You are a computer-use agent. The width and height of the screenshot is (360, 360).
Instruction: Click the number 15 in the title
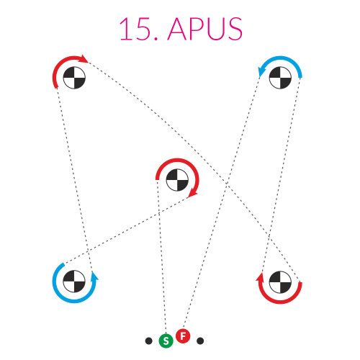pyautogui.click(x=135, y=29)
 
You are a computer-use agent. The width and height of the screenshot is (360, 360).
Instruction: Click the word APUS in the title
pyautogui.click(x=205, y=29)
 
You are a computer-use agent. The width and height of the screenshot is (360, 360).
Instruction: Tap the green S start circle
pyautogui.click(x=166, y=341)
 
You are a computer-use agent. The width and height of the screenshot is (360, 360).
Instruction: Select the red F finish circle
pyautogui.click(x=183, y=336)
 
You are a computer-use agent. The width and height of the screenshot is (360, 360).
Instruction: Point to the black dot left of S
pyautogui.click(x=149, y=341)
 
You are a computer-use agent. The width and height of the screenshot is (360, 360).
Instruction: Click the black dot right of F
pyautogui.click(x=200, y=341)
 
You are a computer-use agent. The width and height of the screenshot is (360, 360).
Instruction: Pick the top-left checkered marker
pyautogui.click(x=74, y=78)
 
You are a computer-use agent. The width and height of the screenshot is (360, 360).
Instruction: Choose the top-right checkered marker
pyautogui.click(x=280, y=78)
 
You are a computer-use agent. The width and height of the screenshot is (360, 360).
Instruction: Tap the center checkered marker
pyautogui.click(x=177, y=180)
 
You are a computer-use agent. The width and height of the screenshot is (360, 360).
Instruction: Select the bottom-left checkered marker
pyautogui.click(x=74, y=282)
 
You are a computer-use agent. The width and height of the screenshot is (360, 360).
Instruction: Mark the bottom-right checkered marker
pyautogui.click(x=280, y=282)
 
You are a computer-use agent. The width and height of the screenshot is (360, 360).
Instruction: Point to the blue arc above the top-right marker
pyautogui.click(x=280, y=58)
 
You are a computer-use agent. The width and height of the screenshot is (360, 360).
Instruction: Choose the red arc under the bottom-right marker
pyautogui.click(x=280, y=302)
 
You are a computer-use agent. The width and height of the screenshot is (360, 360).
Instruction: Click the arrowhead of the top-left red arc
pyautogui.click(x=84, y=59)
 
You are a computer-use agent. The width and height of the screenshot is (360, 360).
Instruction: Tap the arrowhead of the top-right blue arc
pyautogui.click(x=261, y=71)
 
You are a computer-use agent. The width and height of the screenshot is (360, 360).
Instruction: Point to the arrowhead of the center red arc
pyautogui.click(x=193, y=194)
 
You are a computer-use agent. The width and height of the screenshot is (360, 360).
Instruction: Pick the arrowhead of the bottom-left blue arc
pyautogui.click(x=95, y=276)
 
